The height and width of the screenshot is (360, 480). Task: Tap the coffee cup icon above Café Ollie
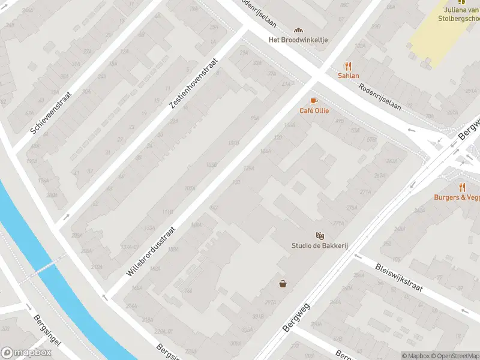[313, 101]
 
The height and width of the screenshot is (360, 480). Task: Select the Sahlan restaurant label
[348, 76]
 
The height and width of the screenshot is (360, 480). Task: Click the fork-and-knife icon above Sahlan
[347, 66]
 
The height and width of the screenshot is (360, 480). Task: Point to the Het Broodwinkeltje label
[298, 40]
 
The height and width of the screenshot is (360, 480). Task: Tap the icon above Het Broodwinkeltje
[298, 30]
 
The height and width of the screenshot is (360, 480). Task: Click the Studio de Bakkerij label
[320, 245]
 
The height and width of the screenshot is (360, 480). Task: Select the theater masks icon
[320, 236]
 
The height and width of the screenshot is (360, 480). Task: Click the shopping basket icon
[282, 284]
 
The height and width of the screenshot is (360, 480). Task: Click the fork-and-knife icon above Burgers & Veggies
[462, 187]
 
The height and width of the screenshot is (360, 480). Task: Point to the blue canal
[54, 270]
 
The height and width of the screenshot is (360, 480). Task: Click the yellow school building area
[441, 36]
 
